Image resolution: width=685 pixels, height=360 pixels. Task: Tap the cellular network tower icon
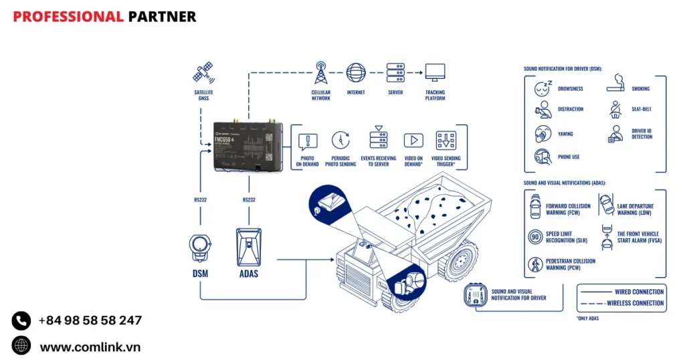pyautogui.click(x=320, y=72)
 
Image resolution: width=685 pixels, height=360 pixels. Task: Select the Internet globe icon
pyautogui.click(x=356, y=72)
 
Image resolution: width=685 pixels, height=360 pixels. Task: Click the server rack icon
pyautogui.click(x=395, y=72)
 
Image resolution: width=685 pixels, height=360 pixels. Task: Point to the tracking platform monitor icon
pyautogui.click(x=435, y=72)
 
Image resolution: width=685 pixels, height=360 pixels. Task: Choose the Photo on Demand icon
pyautogui.click(x=308, y=141)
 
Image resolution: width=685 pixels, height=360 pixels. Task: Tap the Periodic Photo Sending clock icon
pyautogui.click(x=340, y=140)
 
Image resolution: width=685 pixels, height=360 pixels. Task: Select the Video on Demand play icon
pyautogui.click(x=413, y=141)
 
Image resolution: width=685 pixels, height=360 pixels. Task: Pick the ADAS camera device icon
pyautogui.click(x=249, y=248)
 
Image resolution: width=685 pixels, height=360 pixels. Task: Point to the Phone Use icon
pyautogui.click(x=543, y=157)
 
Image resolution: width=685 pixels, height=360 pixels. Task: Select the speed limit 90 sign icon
pyautogui.click(x=535, y=237)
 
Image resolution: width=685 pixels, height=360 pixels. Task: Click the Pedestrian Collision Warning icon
pyautogui.click(x=535, y=265)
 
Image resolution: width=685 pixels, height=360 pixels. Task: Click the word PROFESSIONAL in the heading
pyautogui.click(x=68, y=17)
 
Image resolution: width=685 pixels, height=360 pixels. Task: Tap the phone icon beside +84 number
pyautogui.click(x=21, y=321)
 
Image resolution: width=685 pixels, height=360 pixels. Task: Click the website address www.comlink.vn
pyautogui.click(x=90, y=347)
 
